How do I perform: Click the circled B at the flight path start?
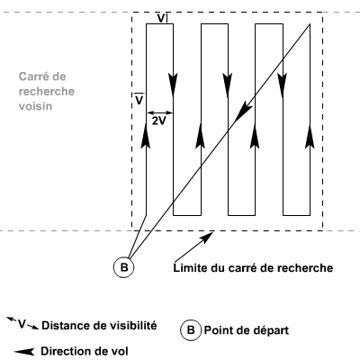[123, 266]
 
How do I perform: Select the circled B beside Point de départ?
[191, 330]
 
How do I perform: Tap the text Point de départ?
[247, 330]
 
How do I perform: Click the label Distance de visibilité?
[99, 326]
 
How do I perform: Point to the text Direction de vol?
[85, 351]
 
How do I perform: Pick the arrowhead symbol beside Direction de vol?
[24, 351]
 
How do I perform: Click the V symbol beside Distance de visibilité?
[22, 323]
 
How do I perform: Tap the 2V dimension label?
[159, 121]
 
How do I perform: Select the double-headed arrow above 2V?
[160, 112]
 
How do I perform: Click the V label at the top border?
[161, 19]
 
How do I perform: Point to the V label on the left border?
[139, 100]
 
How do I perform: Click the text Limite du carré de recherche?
[253, 267]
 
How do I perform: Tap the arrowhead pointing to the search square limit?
[207, 237]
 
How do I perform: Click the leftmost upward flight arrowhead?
[146, 136]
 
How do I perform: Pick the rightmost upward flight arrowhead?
[310, 136]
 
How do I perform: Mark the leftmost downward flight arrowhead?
[173, 85]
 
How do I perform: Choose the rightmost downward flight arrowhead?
[283, 85]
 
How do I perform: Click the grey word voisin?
[35, 106]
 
